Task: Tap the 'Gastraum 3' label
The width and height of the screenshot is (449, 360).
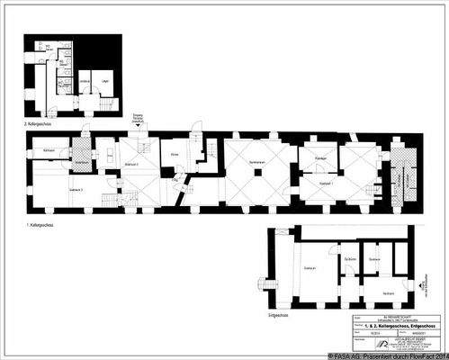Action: click(76, 191)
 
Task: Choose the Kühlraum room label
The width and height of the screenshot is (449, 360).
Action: click(50, 148)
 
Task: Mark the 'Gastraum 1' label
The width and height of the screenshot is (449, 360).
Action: click(328, 183)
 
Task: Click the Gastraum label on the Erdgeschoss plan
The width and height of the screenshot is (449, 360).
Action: click(309, 267)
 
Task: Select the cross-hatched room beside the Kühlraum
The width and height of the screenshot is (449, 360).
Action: click(79, 146)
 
